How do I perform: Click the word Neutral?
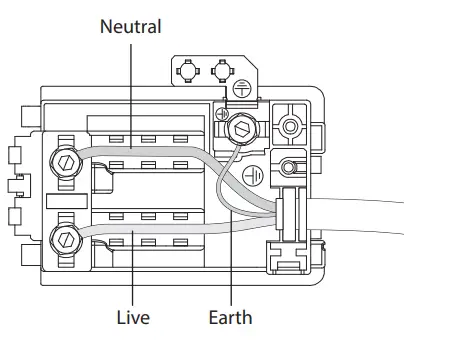[x=131, y=26]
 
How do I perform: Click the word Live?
[x=133, y=317]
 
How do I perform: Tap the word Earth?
[x=230, y=317]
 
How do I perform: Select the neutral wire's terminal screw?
[x=66, y=162]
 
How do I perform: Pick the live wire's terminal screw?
[x=66, y=240]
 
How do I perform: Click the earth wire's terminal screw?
[x=242, y=128]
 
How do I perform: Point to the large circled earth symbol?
[x=253, y=176]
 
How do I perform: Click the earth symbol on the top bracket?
[x=242, y=89]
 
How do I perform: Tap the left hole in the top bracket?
[x=188, y=71]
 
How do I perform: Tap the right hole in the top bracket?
[x=223, y=71]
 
